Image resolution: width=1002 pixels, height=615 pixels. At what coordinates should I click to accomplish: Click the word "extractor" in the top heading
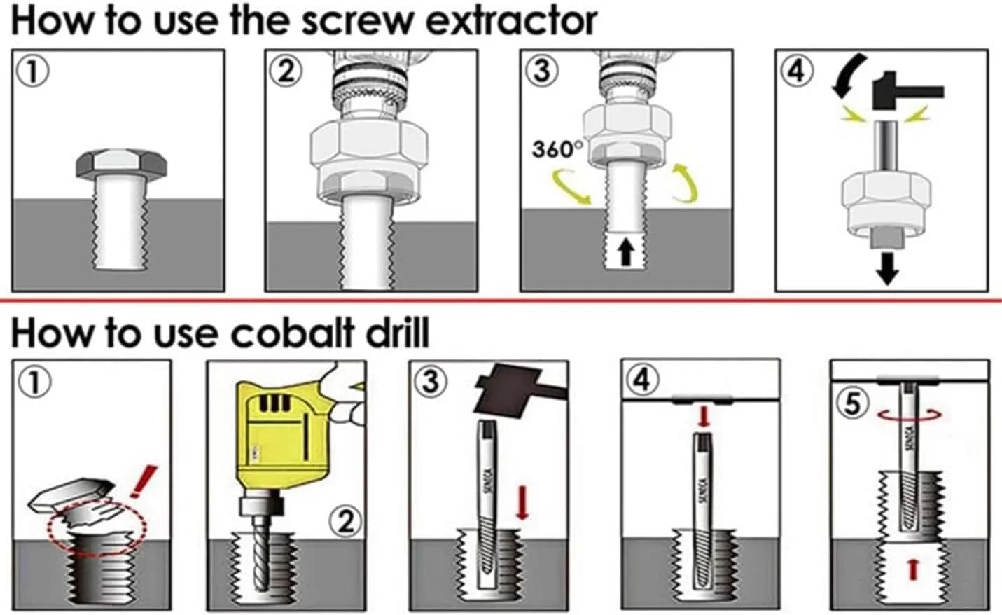coord(511,22)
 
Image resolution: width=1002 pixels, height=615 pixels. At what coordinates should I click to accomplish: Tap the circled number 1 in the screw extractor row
coord(32,72)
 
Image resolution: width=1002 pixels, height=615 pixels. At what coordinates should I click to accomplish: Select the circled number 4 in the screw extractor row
coord(796,71)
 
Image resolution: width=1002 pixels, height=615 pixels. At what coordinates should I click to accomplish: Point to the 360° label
coord(557,149)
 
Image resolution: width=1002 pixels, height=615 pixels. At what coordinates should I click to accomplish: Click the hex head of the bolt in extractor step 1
coord(121,164)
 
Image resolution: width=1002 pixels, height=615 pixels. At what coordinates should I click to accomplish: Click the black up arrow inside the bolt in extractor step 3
coord(626,251)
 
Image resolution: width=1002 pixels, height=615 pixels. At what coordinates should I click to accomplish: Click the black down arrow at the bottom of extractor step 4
coord(887,268)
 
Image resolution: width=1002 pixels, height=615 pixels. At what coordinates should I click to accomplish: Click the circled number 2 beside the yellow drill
coord(345,521)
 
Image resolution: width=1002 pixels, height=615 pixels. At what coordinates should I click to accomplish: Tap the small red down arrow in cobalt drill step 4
coord(704,416)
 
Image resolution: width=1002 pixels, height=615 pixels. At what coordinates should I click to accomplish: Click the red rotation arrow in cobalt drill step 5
coord(910,415)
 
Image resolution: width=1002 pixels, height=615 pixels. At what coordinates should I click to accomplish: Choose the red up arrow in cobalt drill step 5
coord(913,570)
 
